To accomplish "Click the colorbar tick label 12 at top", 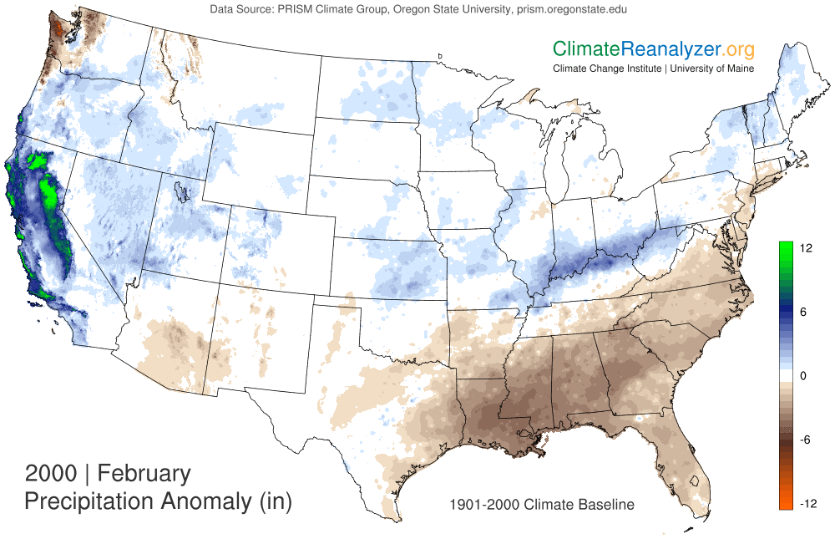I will (807, 248).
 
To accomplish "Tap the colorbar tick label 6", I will (803, 312).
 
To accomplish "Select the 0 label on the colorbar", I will (803, 376).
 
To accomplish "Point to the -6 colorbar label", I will (806, 440).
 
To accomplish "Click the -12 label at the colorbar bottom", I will (808, 503).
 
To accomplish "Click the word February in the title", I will (144, 474).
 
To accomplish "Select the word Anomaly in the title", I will (210, 502).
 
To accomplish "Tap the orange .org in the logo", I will (732, 48).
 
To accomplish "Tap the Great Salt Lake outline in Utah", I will (180, 191).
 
